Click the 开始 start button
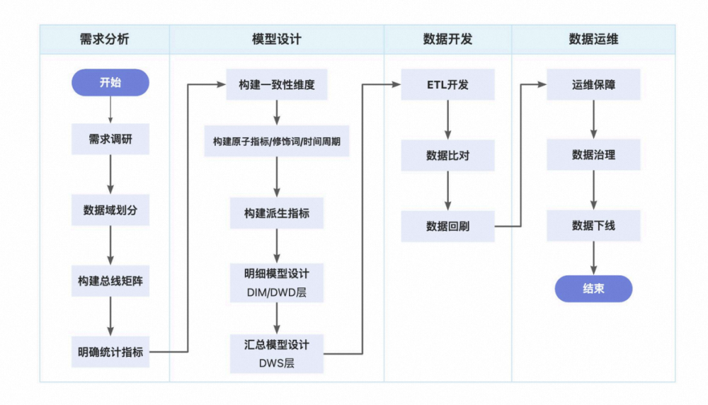(110, 83)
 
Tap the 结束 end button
(593, 288)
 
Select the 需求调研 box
(110, 139)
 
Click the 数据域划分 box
(110, 210)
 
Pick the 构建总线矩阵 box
(110, 281)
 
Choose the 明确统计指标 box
(110, 352)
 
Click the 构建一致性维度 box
(277, 84)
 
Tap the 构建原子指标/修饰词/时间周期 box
(277, 142)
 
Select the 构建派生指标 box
(277, 213)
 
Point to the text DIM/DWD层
(277, 292)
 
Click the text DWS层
(277, 363)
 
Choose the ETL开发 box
(448, 84)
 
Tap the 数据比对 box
(448, 155)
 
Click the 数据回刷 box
(448, 226)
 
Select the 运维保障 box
(593, 84)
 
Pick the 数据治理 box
(593, 155)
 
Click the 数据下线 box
(593, 225)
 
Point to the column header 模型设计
(277, 39)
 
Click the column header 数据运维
(593, 39)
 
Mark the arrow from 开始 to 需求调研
(110, 110)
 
